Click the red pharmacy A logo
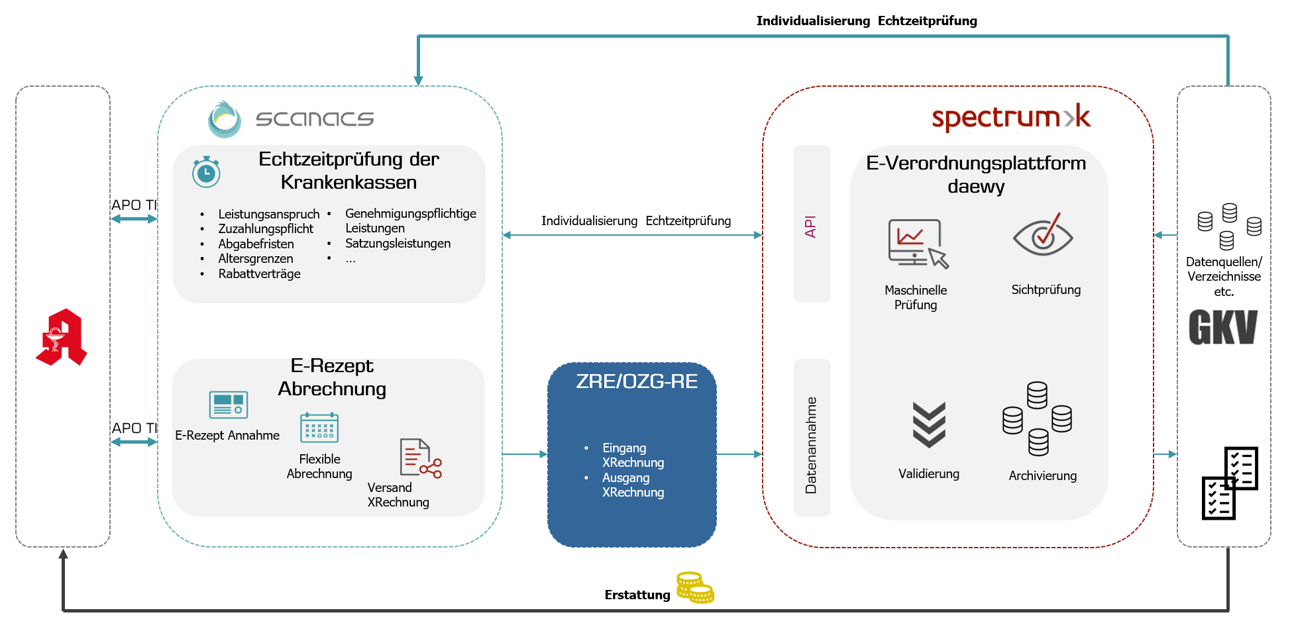(62, 337)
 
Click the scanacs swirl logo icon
(224, 119)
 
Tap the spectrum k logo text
(1010, 118)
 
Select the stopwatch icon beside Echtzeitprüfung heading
(206, 172)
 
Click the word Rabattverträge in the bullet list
(259, 274)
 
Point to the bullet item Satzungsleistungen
(398, 244)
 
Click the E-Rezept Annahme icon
(228, 405)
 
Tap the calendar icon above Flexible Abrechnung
(319, 428)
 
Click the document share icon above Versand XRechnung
(420, 458)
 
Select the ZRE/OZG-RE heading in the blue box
(636, 381)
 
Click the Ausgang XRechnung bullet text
(632, 485)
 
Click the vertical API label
(810, 226)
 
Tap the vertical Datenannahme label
(811, 445)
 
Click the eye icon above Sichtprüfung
(1043, 235)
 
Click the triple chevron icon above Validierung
(929, 424)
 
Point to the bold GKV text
(1222, 328)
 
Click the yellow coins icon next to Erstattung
(694, 588)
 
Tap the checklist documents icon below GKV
(1230, 483)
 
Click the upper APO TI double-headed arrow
(134, 219)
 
